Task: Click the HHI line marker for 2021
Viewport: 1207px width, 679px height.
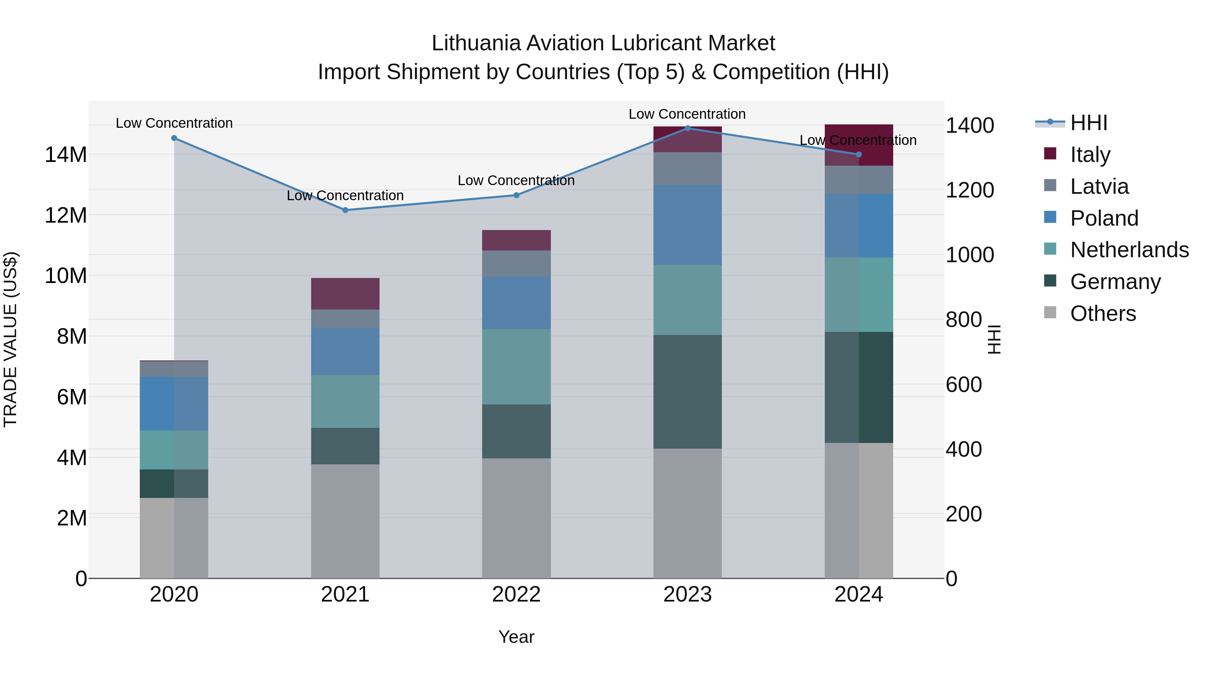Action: (345, 210)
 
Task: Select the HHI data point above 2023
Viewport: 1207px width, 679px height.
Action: (687, 128)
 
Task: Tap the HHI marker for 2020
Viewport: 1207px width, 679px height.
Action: (174, 138)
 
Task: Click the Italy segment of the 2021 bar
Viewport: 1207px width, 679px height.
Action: (345, 294)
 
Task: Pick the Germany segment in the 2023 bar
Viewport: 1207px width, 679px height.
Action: (687, 391)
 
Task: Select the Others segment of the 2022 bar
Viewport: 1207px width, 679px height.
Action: (516, 518)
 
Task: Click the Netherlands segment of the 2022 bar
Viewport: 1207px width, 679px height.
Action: (516, 366)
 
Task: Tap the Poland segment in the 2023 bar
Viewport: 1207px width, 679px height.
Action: (687, 225)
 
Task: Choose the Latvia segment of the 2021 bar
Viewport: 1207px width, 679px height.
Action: (345, 318)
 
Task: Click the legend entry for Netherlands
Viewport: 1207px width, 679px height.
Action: (1129, 250)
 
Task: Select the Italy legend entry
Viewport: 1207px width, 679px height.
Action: (1090, 154)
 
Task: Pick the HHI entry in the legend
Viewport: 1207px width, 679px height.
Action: (1088, 123)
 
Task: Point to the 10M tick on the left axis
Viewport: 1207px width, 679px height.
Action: (66, 276)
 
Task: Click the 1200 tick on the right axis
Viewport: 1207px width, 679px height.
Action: (969, 190)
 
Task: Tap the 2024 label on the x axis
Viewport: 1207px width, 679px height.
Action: (858, 594)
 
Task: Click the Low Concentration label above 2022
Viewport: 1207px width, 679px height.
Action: (516, 180)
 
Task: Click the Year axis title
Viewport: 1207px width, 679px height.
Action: (516, 637)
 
